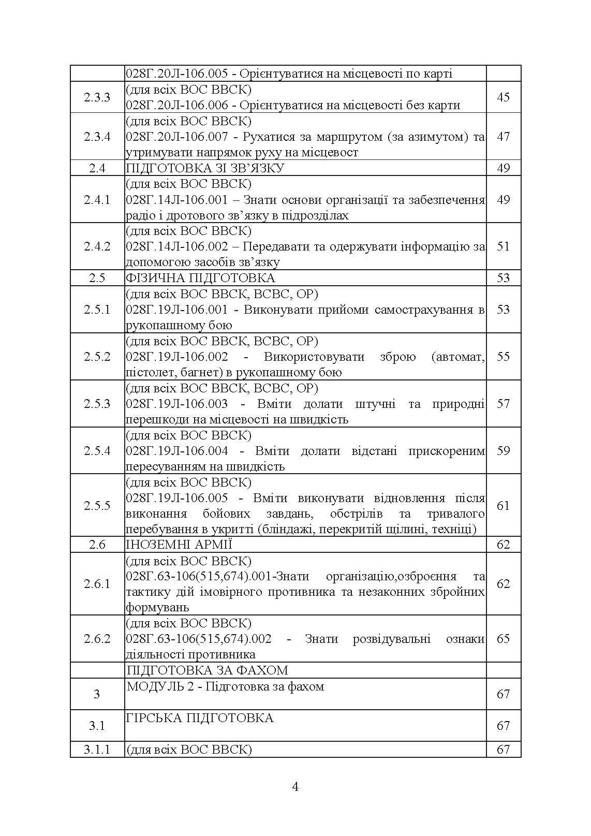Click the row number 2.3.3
coord(97,97)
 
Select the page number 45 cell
coord(503,97)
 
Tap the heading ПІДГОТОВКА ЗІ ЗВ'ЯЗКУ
coord(205,168)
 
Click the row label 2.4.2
coord(97,246)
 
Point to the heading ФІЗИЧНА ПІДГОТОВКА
coord(200,278)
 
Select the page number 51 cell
coord(503,246)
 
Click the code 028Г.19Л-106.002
coord(176,357)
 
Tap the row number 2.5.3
coord(97,404)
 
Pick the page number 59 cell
coord(503,451)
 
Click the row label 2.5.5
coord(97,506)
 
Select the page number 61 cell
coord(503,506)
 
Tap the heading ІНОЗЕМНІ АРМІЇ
coord(179,545)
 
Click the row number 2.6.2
coord(97,639)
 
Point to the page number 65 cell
coord(503,639)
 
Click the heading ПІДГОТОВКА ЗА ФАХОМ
coord(207,670)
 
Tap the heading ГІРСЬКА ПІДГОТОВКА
coord(200,718)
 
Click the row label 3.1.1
coord(97,750)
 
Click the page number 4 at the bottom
coord(295,787)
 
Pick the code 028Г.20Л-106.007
coord(176,137)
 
